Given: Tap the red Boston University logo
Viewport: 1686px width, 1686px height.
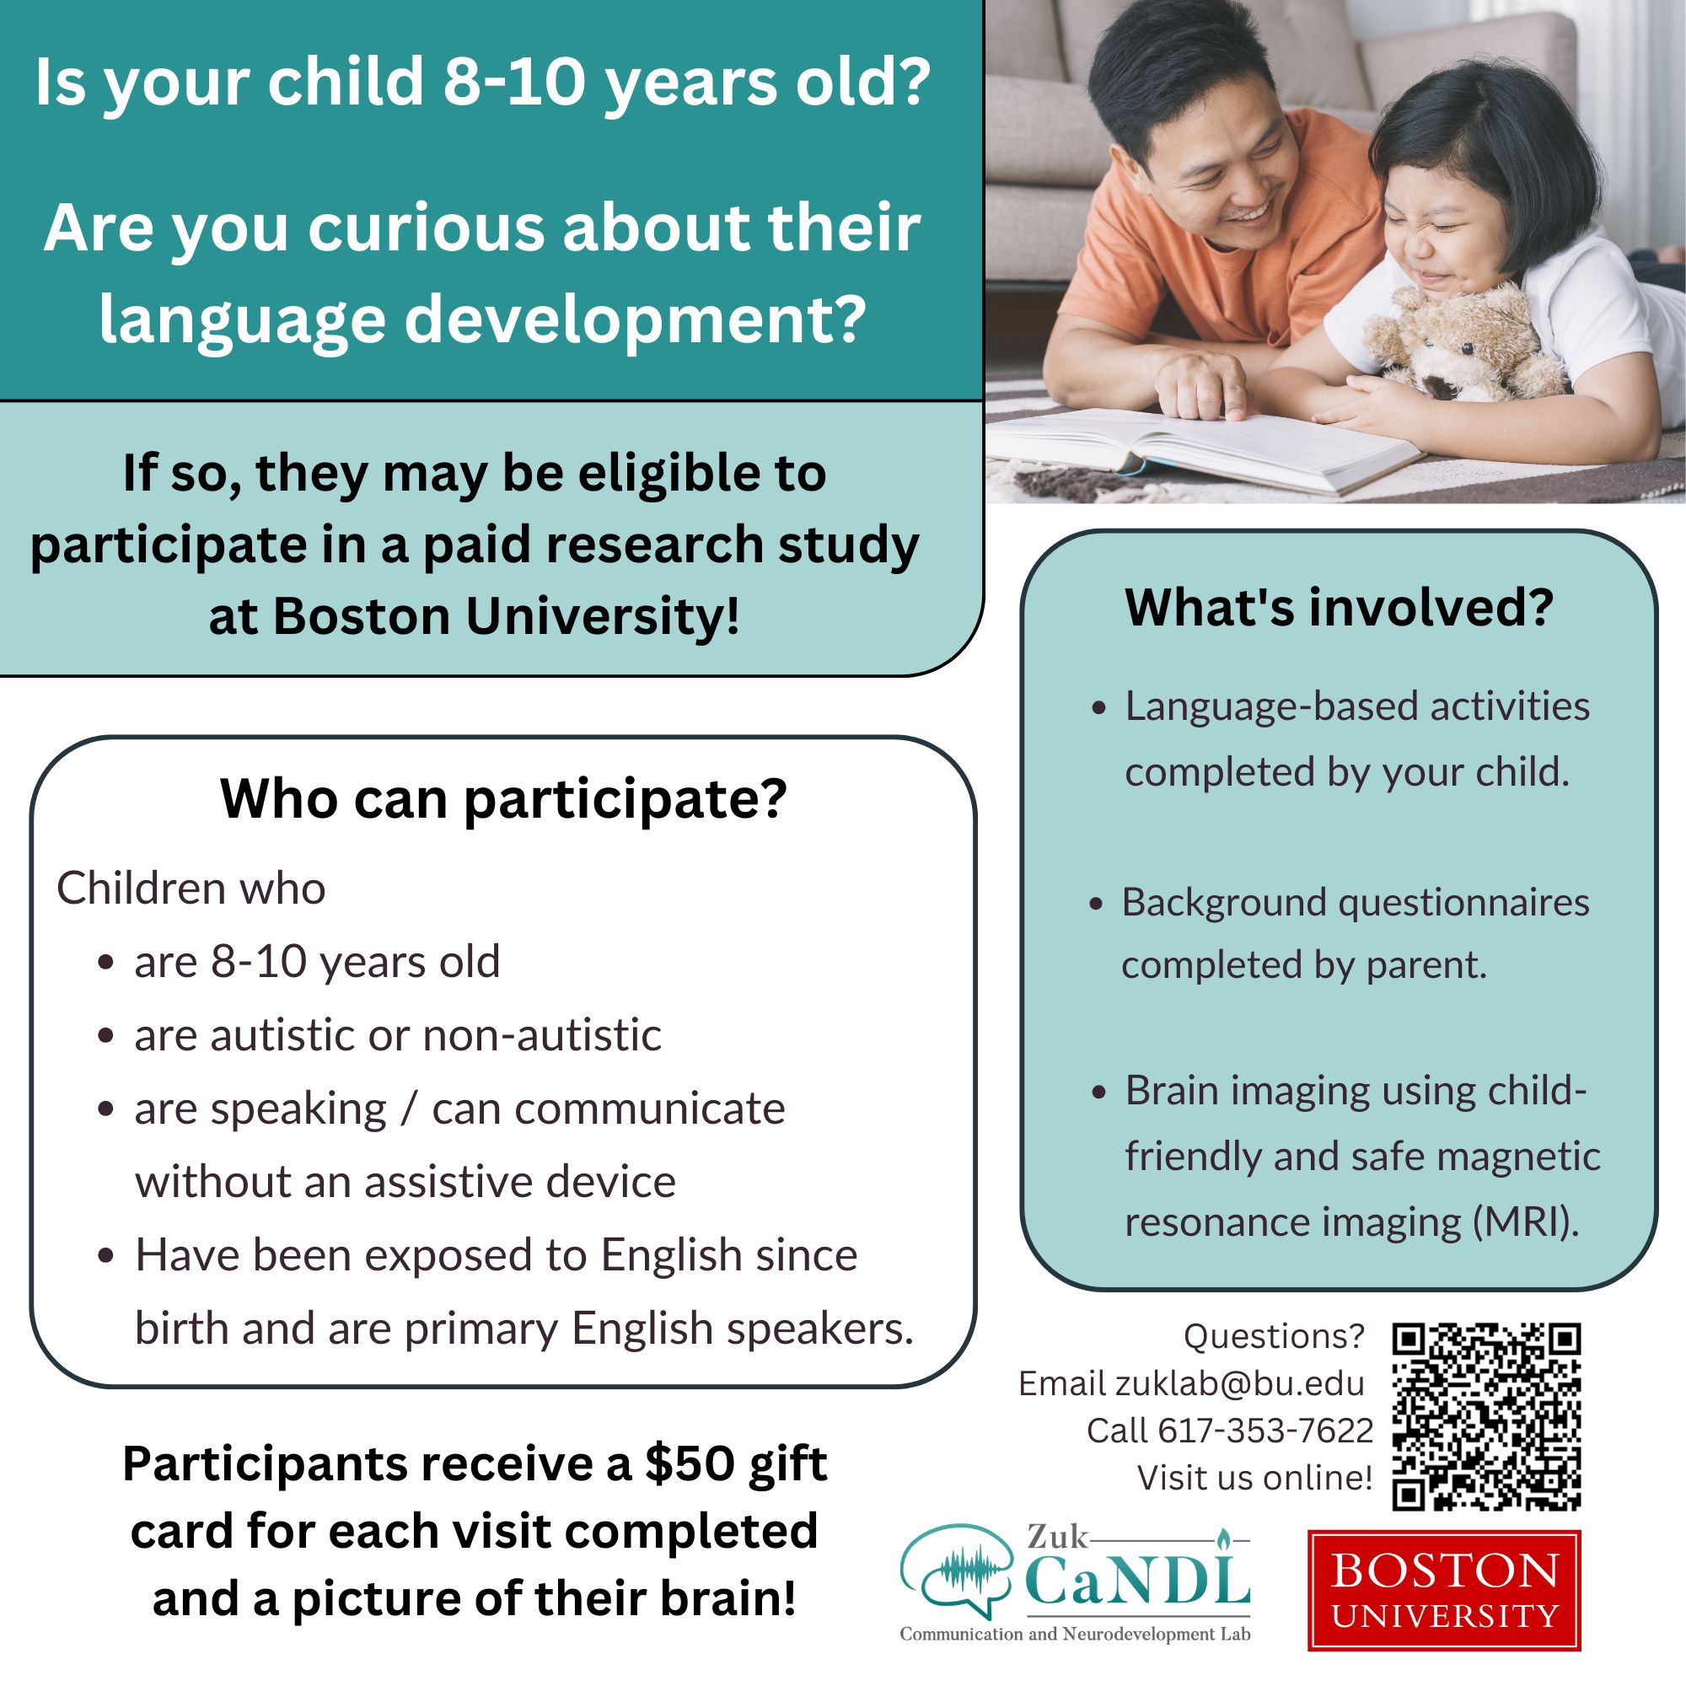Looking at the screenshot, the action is (x=1444, y=1590).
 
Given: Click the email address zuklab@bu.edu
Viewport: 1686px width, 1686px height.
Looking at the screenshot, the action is (x=1239, y=1383).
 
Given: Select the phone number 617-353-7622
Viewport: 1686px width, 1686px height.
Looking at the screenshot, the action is (x=1264, y=1431).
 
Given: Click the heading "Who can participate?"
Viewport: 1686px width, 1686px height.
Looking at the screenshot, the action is (x=503, y=798).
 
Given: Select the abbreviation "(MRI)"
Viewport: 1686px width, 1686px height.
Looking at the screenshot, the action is (x=1527, y=1222).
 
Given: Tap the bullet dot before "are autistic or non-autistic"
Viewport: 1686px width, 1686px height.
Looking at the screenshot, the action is (x=106, y=1037).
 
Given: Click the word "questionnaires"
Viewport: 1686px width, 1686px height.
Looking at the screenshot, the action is (x=1463, y=903).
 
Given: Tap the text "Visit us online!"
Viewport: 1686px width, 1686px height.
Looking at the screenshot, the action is (x=1255, y=1478).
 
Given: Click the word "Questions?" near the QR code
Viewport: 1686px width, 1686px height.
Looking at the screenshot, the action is (x=1273, y=1336).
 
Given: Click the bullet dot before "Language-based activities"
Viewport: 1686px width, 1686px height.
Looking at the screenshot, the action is (x=1099, y=708).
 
